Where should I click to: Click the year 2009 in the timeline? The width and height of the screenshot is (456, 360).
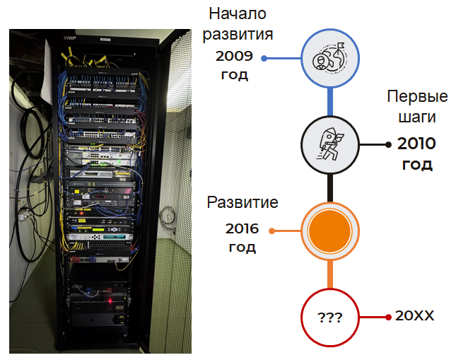pyautogui.click(x=234, y=56)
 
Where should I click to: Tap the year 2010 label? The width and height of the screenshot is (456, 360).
pyautogui.click(x=416, y=144)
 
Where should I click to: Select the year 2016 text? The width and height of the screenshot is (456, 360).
pyautogui.click(x=242, y=228)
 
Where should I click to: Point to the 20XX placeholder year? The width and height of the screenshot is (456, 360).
pyautogui.click(x=414, y=315)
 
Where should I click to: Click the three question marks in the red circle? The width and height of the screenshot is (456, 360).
pyautogui.click(x=329, y=318)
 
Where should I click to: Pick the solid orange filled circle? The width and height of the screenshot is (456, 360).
pyautogui.click(x=329, y=231)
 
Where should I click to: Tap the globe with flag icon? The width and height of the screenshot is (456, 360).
pyautogui.click(x=329, y=58)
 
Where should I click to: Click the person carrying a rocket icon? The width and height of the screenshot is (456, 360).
pyautogui.click(x=329, y=144)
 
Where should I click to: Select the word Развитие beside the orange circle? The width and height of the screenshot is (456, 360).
pyautogui.click(x=242, y=202)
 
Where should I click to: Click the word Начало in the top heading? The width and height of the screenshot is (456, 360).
pyautogui.click(x=238, y=13)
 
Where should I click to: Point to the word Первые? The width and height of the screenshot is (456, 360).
pyautogui.click(x=417, y=96)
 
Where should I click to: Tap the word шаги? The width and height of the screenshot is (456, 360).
pyautogui.click(x=417, y=117)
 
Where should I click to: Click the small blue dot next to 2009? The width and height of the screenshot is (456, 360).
pyautogui.click(x=264, y=59)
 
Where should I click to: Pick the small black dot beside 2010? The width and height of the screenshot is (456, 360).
pyautogui.click(x=388, y=145)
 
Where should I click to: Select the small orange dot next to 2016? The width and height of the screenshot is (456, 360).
pyautogui.click(x=272, y=231)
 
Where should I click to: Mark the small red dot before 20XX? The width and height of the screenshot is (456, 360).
pyautogui.click(x=388, y=318)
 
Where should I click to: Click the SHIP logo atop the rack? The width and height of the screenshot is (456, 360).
pyautogui.click(x=70, y=37)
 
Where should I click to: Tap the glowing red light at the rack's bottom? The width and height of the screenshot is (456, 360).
pyautogui.click(x=110, y=301)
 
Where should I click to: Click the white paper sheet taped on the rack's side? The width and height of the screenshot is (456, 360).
pyautogui.click(x=47, y=73)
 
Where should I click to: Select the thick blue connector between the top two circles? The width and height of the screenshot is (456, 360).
pyautogui.click(x=330, y=102)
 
